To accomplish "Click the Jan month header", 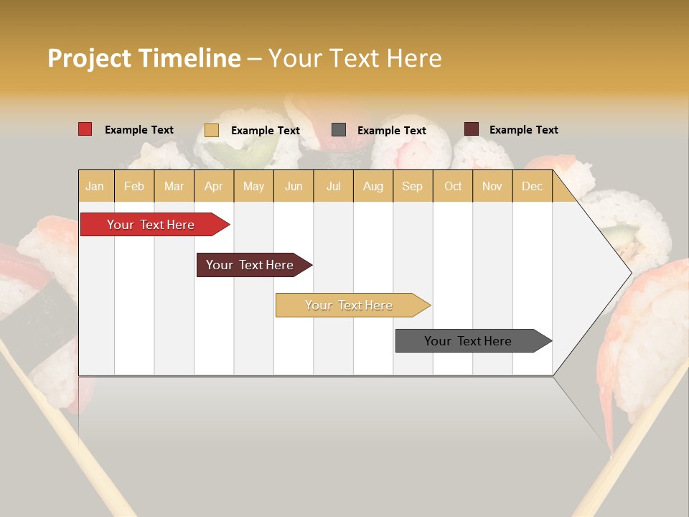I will point(95,186).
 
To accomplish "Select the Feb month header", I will point(134,186).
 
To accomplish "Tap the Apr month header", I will point(214,186).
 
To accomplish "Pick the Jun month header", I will point(294,186).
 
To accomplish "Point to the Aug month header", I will point(373,186).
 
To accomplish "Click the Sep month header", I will point(413,186).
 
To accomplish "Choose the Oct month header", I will point(453,186).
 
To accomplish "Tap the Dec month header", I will point(533,186).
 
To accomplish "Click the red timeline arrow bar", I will point(151,225).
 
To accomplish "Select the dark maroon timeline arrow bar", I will point(250,265).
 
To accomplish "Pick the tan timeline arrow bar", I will point(350,305).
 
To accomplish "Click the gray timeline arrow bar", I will point(469,341).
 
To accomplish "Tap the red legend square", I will point(85,129).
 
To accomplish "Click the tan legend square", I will point(212,130).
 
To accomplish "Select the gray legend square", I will point(339,130).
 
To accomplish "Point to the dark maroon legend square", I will point(472,129).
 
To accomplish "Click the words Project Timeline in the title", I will point(144,58).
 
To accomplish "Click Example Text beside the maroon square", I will point(524,130).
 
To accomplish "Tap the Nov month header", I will point(492,186).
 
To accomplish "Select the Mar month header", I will point(174,186).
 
